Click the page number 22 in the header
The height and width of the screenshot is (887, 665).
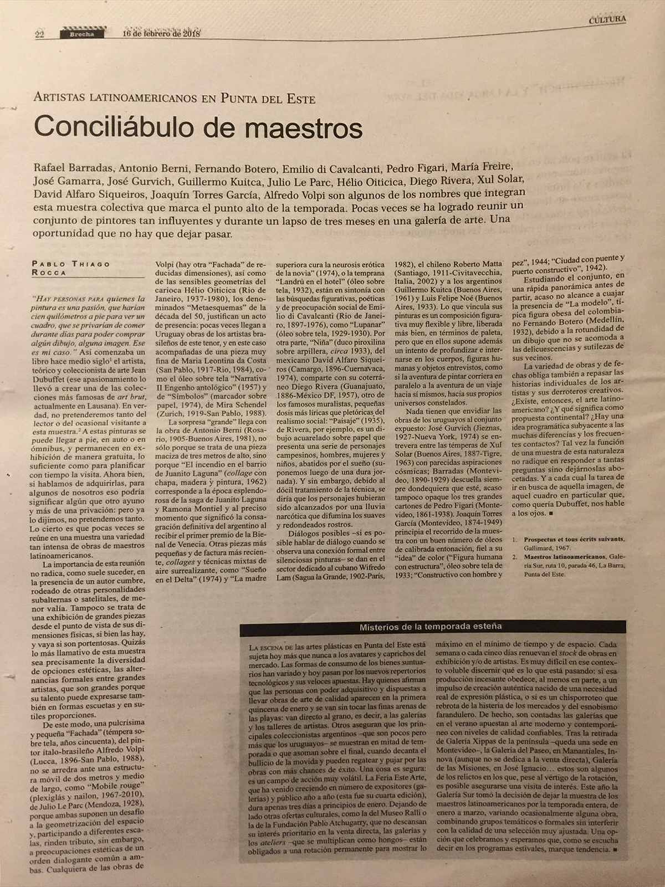[x=40, y=34]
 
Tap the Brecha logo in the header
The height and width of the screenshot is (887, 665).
[x=82, y=34]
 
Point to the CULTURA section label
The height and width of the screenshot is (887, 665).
[x=607, y=19]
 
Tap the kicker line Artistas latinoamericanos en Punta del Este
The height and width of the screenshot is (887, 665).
[x=175, y=99]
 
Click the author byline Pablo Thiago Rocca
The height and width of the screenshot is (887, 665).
[x=71, y=268]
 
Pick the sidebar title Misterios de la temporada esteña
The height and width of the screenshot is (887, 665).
[x=431, y=626]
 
